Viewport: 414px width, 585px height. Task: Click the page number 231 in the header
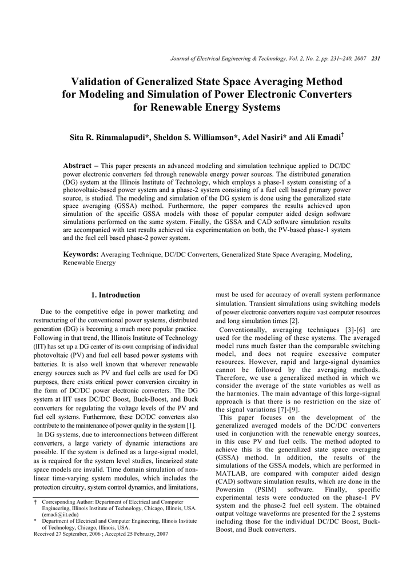[376, 59]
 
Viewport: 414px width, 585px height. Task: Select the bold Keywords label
[81, 254]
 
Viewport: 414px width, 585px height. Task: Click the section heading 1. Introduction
[116, 295]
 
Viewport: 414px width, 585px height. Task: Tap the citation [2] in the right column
[294, 322]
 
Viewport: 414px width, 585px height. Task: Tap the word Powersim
[233, 490]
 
